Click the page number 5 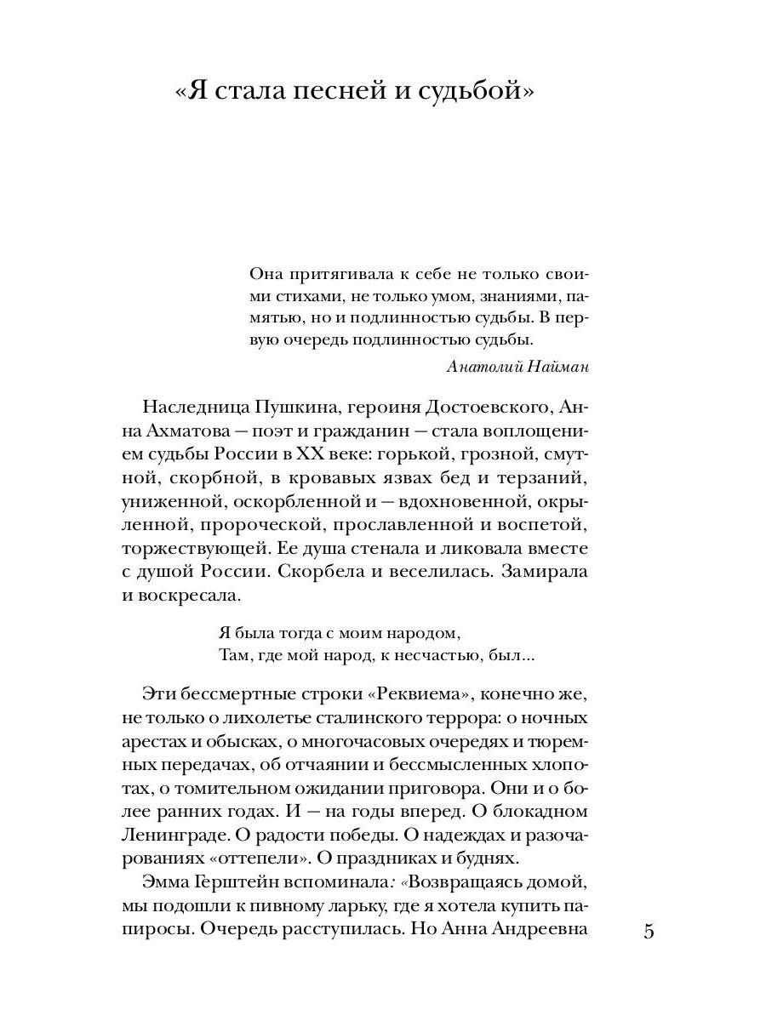[x=649, y=930]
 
